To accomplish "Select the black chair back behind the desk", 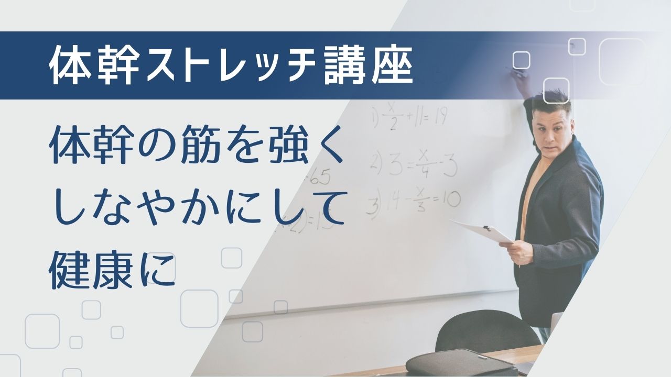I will [x=488, y=330].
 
